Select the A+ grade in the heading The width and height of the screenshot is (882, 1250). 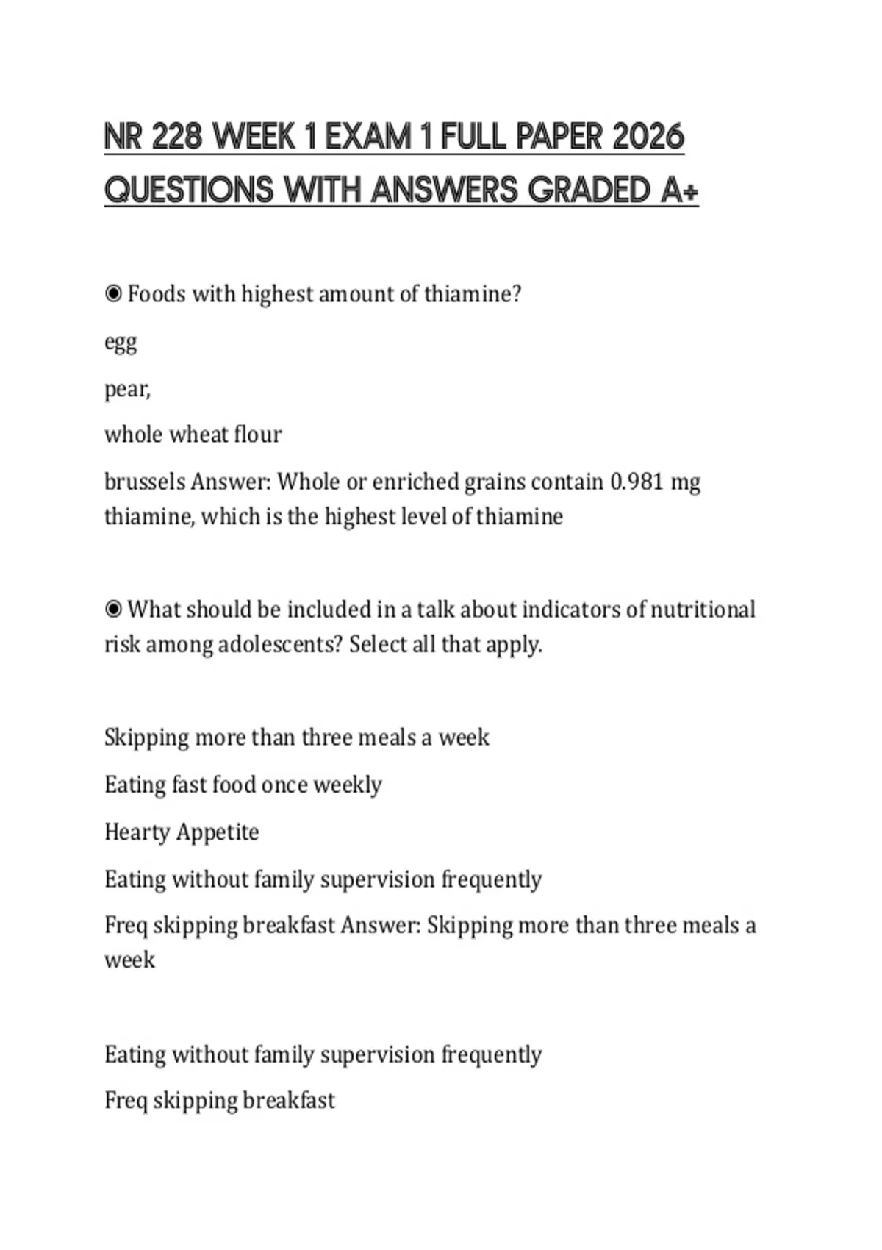pyautogui.click(x=679, y=190)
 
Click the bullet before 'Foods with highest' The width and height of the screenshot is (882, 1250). pyautogui.click(x=113, y=294)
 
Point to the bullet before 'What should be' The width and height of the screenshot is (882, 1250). pyautogui.click(x=113, y=610)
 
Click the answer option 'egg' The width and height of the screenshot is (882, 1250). pyautogui.click(x=121, y=343)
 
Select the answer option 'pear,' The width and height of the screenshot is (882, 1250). pyautogui.click(x=127, y=389)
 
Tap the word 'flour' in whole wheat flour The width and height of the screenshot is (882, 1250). pyautogui.click(x=257, y=435)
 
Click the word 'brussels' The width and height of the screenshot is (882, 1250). pyautogui.click(x=145, y=482)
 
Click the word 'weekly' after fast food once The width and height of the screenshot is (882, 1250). pyautogui.click(x=348, y=785)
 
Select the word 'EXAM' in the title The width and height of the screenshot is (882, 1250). pyautogui.click(x=369, y=137)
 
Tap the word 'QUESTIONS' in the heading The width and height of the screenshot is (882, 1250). pyautogui.click(x=188, y=190)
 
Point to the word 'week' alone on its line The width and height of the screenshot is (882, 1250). pyautogui.click(x=129, y=960)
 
